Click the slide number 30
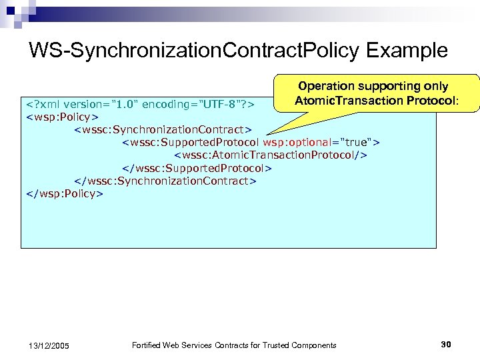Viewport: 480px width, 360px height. click(x=446, y=344)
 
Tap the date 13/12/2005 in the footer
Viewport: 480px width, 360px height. click(x=50, y=345)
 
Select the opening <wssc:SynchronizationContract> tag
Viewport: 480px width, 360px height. click(x=163, y=129)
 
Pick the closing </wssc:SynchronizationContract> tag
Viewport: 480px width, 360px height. click(x=165, y=181)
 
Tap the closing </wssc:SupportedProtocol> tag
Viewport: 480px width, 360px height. click(x=197, y=168)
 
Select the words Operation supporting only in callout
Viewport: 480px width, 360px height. click(x=373, y=86)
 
